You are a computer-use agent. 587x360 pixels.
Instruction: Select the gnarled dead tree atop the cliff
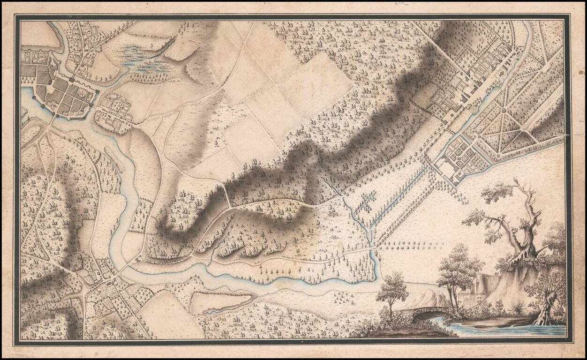point(520,220)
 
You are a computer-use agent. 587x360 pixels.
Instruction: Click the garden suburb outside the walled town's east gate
point(113,112)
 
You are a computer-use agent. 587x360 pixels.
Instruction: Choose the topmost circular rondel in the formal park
point(504,111)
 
